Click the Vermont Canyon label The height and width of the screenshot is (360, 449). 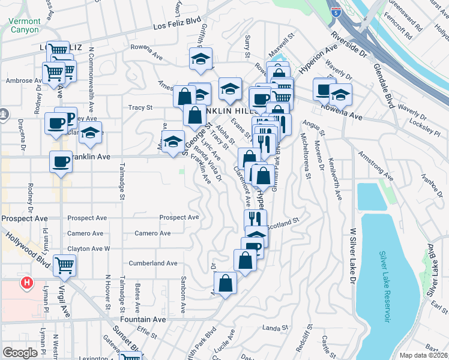(25, 25)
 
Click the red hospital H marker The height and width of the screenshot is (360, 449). (26, 282)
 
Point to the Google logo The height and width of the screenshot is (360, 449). (20, 353)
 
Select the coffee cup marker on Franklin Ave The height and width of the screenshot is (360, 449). (61, 161)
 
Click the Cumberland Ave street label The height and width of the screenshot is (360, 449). (153, 263)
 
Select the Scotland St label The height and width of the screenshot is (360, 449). (283, 223)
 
